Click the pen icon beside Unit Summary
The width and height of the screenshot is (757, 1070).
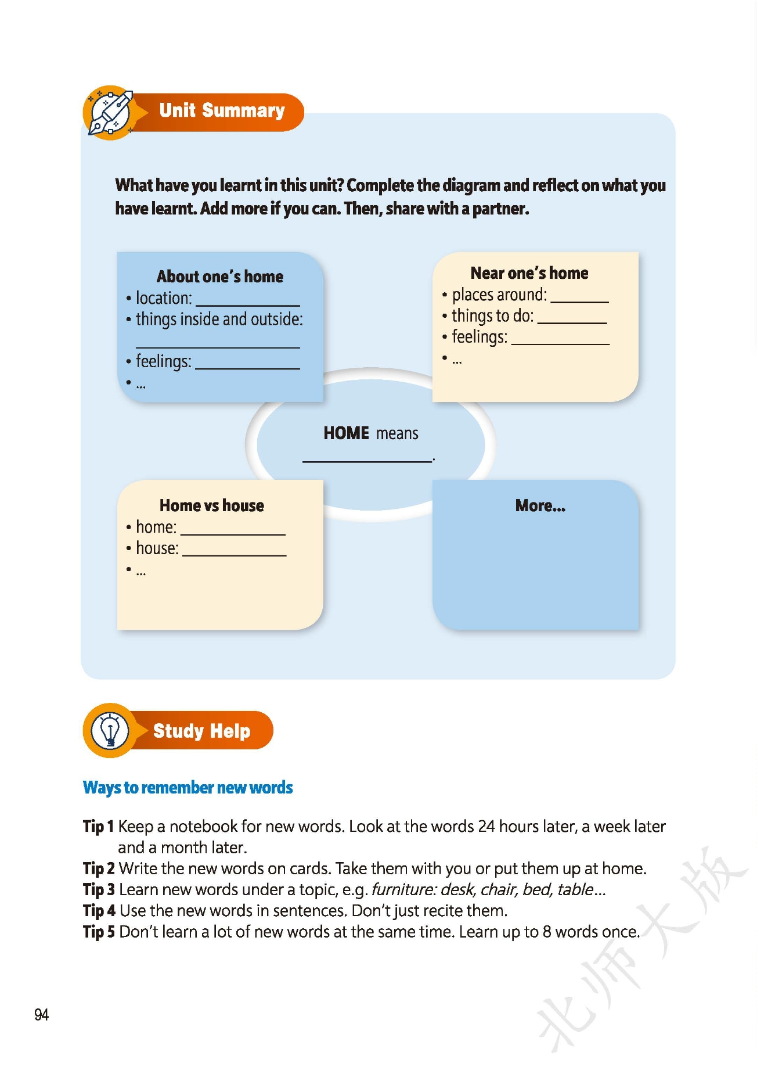[x=110, y=113]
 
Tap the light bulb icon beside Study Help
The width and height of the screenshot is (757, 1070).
[x=110, y=730]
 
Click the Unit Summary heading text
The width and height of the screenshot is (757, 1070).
[x=222, y=110]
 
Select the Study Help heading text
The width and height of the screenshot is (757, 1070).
[x=201, y=731]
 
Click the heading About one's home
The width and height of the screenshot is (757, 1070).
[x=220, y=277]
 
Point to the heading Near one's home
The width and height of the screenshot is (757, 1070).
[x=529, y=273]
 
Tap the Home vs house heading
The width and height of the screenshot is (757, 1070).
[x=211, y=505]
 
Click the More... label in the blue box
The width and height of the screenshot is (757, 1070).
[x=540, y=506]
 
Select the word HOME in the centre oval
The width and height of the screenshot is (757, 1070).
[x=346, y=433]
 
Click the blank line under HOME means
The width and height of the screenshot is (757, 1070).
[x=367, y=461]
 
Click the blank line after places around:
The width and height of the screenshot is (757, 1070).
[x=579, y=301]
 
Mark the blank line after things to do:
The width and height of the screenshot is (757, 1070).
[x=572, y=322]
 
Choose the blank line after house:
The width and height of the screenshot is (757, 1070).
[x=234, y=554]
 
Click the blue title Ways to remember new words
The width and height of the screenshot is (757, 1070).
[x=188, y=788]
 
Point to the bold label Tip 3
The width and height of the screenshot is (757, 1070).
[x=99, y=889]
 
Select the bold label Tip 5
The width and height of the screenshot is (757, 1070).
[x=99, y=932]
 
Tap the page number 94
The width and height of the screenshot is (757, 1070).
[x=41, y=1015]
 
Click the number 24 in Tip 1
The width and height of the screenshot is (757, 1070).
[x=486, y=826]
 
